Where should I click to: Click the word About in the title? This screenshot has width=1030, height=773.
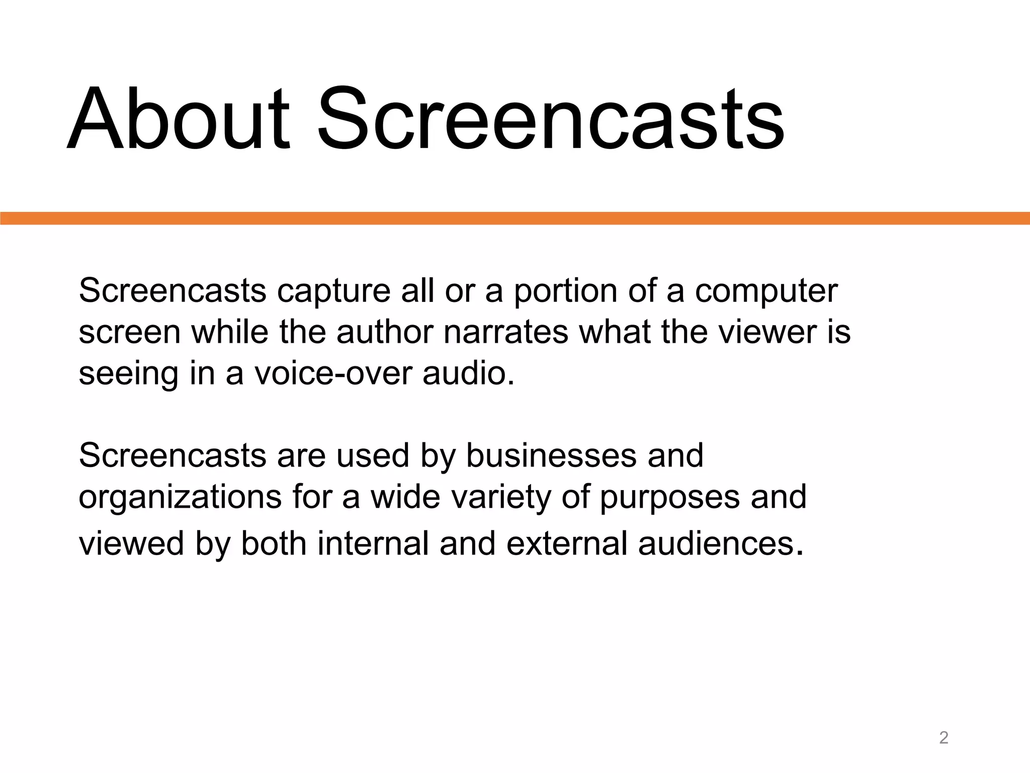point(179,120)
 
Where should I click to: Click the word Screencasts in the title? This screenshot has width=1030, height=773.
point(551,120)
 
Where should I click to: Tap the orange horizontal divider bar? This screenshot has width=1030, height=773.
point(515,218)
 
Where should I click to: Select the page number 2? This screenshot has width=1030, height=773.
point(943,738)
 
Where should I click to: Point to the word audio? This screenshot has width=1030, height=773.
point(468,373)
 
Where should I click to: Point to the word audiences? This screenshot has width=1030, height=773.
point(720,544)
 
